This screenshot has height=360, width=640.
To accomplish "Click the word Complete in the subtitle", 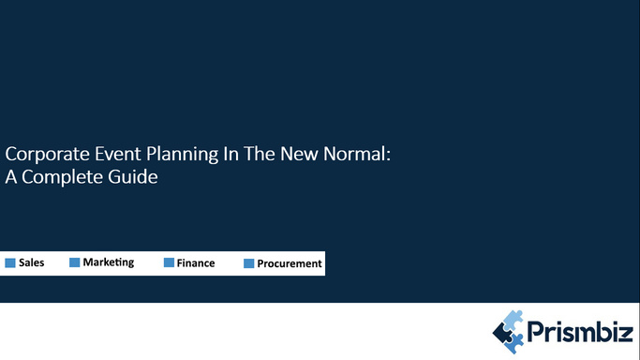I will pos(63,176).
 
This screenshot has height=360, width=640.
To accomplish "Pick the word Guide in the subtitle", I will pos(132,176).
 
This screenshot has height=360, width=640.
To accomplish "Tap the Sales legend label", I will pos(31,263).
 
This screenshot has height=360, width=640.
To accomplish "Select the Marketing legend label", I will pos(109,262).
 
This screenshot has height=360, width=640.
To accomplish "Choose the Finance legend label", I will pos(196,263).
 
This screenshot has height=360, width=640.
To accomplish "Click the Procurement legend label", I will pos(290,264).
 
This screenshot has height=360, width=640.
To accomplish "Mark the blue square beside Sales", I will pos(10,263).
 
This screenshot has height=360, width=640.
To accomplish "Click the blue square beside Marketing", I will pos(74,263).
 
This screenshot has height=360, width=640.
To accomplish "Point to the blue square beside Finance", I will pos(169,263).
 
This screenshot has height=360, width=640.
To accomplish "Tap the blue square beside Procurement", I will pos(249,264).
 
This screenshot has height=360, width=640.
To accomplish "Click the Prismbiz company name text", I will pos(578,331).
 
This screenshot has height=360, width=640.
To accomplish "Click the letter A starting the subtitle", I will pos(11,176).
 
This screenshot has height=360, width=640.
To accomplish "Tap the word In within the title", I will pos(224,154).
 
